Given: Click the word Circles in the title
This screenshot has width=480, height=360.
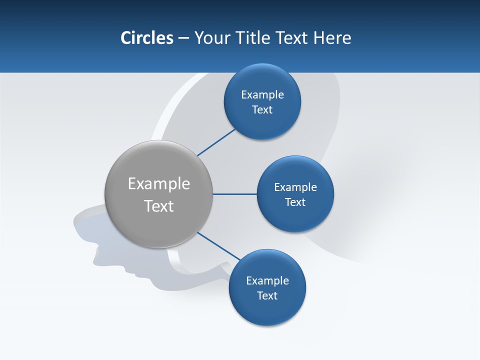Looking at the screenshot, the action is [x=146, y=38].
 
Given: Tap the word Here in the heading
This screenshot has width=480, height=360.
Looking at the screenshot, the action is [x=332, y=38].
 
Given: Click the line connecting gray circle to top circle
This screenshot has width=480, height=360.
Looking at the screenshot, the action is [x=216, y=142].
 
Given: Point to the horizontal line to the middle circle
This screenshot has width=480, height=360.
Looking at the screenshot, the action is [x=235, y=194].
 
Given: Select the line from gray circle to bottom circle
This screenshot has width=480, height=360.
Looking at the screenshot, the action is [x=218, y=245].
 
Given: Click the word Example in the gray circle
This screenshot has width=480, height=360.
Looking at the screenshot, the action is [x=159, y=183].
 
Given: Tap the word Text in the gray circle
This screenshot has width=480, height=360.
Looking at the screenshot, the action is [x=159, y=206].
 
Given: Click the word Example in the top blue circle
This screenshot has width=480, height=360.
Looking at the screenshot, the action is [x=262, y=95].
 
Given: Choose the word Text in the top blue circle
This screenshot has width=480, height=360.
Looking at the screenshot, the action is [x=262, y=110].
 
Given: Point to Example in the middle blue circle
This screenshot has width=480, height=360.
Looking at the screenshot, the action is [x=295, y=187].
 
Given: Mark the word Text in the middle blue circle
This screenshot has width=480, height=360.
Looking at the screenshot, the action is [x=295, y=202].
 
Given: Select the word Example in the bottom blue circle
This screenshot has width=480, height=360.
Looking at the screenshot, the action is [x=267, y=280].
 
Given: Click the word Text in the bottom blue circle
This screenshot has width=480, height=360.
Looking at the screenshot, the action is [x=267, y=295].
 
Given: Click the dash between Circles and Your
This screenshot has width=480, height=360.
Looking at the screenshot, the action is [x=183, y=38].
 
